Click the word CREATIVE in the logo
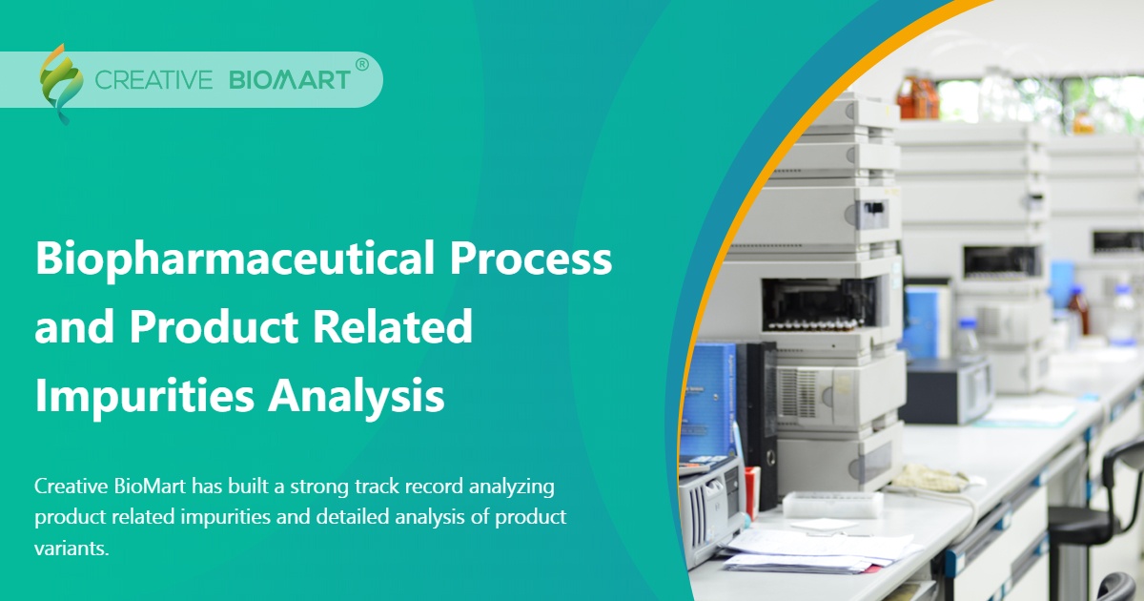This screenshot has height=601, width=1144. click(153, 80)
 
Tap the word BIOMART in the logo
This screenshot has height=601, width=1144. click(290, 80)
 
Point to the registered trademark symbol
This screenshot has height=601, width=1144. click(361, 65)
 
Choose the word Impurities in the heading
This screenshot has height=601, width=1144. click(142, 396)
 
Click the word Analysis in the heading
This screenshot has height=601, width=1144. click(357, 396)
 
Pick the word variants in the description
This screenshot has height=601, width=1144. click(71, 549)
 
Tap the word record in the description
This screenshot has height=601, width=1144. click(411, 487)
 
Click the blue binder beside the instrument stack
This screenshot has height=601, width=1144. click(710, 401)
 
